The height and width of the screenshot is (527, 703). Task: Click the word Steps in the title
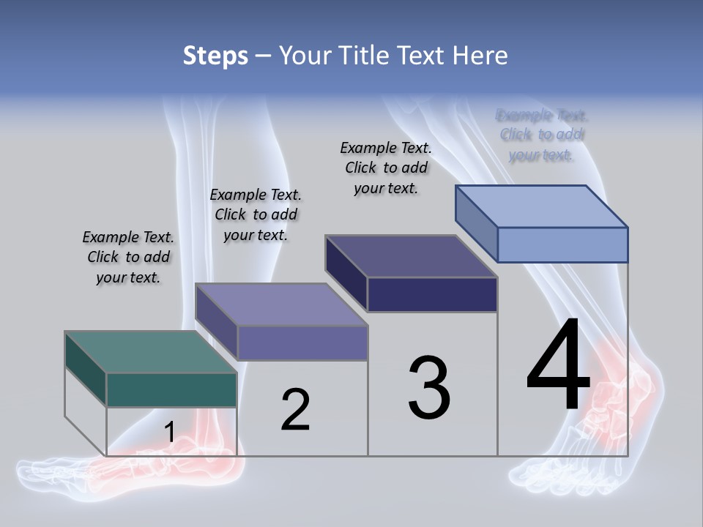215,56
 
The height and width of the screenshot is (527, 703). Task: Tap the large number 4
558,365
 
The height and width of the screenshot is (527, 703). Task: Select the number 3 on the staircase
429,388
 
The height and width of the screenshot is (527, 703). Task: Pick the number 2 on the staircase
295,410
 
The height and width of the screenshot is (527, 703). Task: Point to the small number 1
169,432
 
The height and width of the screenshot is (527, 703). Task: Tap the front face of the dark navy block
432,295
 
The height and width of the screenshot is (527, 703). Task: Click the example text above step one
128,258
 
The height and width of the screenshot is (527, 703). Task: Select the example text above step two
256,215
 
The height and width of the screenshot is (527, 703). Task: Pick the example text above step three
386,168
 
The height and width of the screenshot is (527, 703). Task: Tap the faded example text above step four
542,135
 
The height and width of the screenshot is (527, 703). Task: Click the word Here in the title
482,56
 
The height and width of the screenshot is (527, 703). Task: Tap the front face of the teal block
171,389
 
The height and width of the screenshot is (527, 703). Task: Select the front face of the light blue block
562,244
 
